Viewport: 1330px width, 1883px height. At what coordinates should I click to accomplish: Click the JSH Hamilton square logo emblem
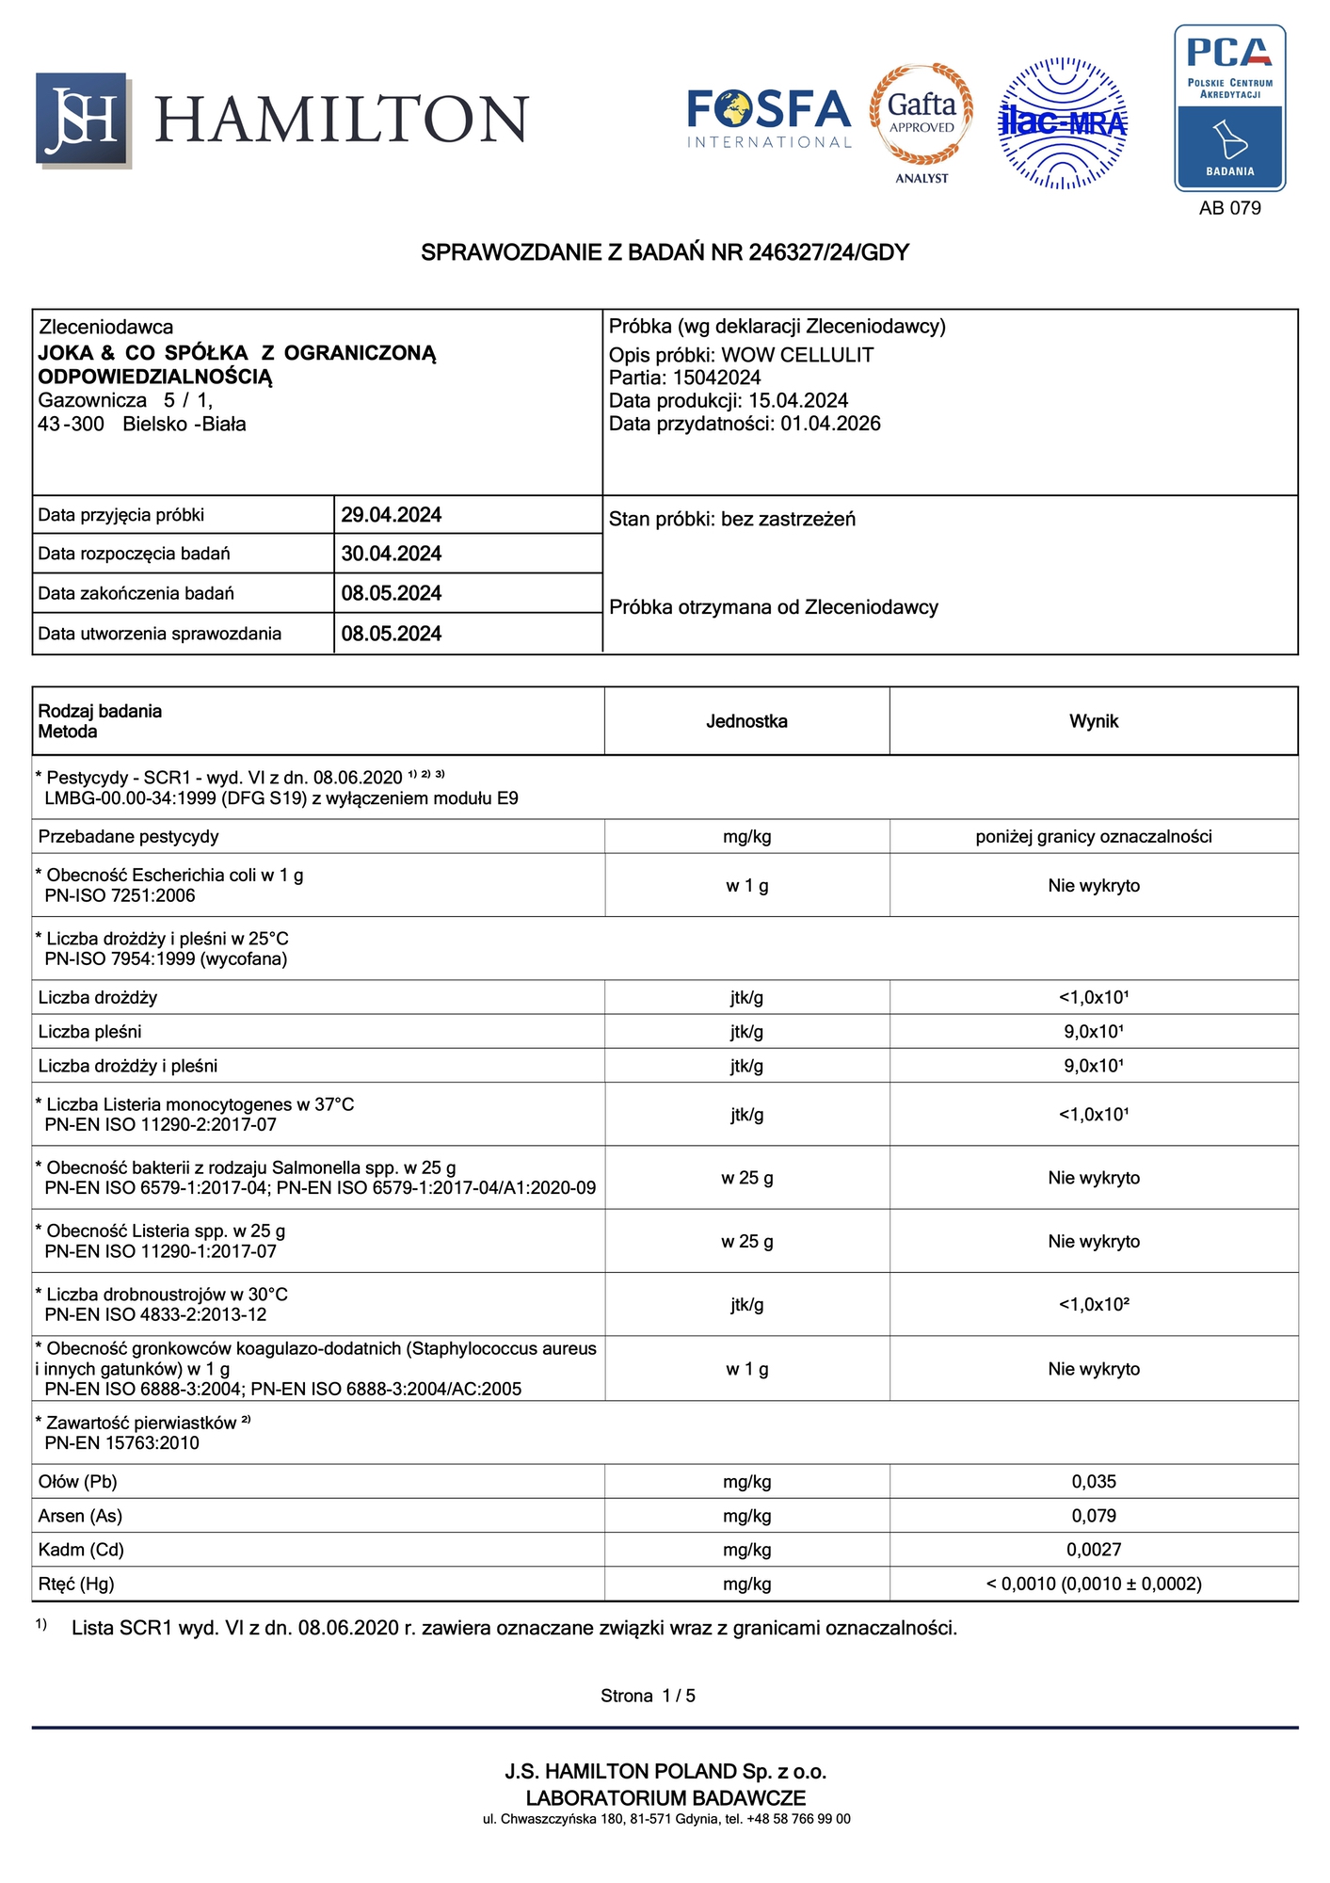click(83, 120)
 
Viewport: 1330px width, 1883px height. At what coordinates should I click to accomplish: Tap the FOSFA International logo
click(769, 118)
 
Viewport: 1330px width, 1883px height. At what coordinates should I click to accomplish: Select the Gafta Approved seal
click(921, 115)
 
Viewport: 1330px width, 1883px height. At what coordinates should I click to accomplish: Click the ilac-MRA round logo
click(1063, 122)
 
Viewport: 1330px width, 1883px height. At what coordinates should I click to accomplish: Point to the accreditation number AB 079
click(1229, 208)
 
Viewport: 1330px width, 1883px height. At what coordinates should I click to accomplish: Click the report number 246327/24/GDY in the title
click(828, 252)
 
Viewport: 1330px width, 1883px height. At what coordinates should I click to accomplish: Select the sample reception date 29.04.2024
click(392, 515)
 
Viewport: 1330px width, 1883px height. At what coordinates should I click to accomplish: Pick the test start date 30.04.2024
click(392, 554)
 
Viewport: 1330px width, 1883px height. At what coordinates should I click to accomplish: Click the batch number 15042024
click(716, 378)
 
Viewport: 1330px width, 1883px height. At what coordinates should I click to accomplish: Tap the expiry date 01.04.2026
click(830, 424)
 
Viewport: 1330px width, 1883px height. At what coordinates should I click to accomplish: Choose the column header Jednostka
click(746, 721)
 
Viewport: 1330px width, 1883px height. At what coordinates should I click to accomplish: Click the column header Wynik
click(1094, 721)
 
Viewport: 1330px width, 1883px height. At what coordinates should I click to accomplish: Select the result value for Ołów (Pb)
click(1094, 1481)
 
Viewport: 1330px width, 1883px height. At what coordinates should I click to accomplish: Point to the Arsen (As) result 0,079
click(1094, 1516)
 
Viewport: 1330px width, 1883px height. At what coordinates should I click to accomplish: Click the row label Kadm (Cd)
click(81, 1550)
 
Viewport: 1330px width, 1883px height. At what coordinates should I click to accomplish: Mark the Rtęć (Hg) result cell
click(1094, 1584)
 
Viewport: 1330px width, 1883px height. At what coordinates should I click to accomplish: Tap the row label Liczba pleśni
click(89, 1032)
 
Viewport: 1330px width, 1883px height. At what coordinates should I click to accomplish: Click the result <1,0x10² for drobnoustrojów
click(1094, 1304)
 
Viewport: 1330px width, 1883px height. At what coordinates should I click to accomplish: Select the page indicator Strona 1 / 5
click(648, 1696)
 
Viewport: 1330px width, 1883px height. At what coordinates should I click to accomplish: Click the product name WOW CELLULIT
click(797, 355)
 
